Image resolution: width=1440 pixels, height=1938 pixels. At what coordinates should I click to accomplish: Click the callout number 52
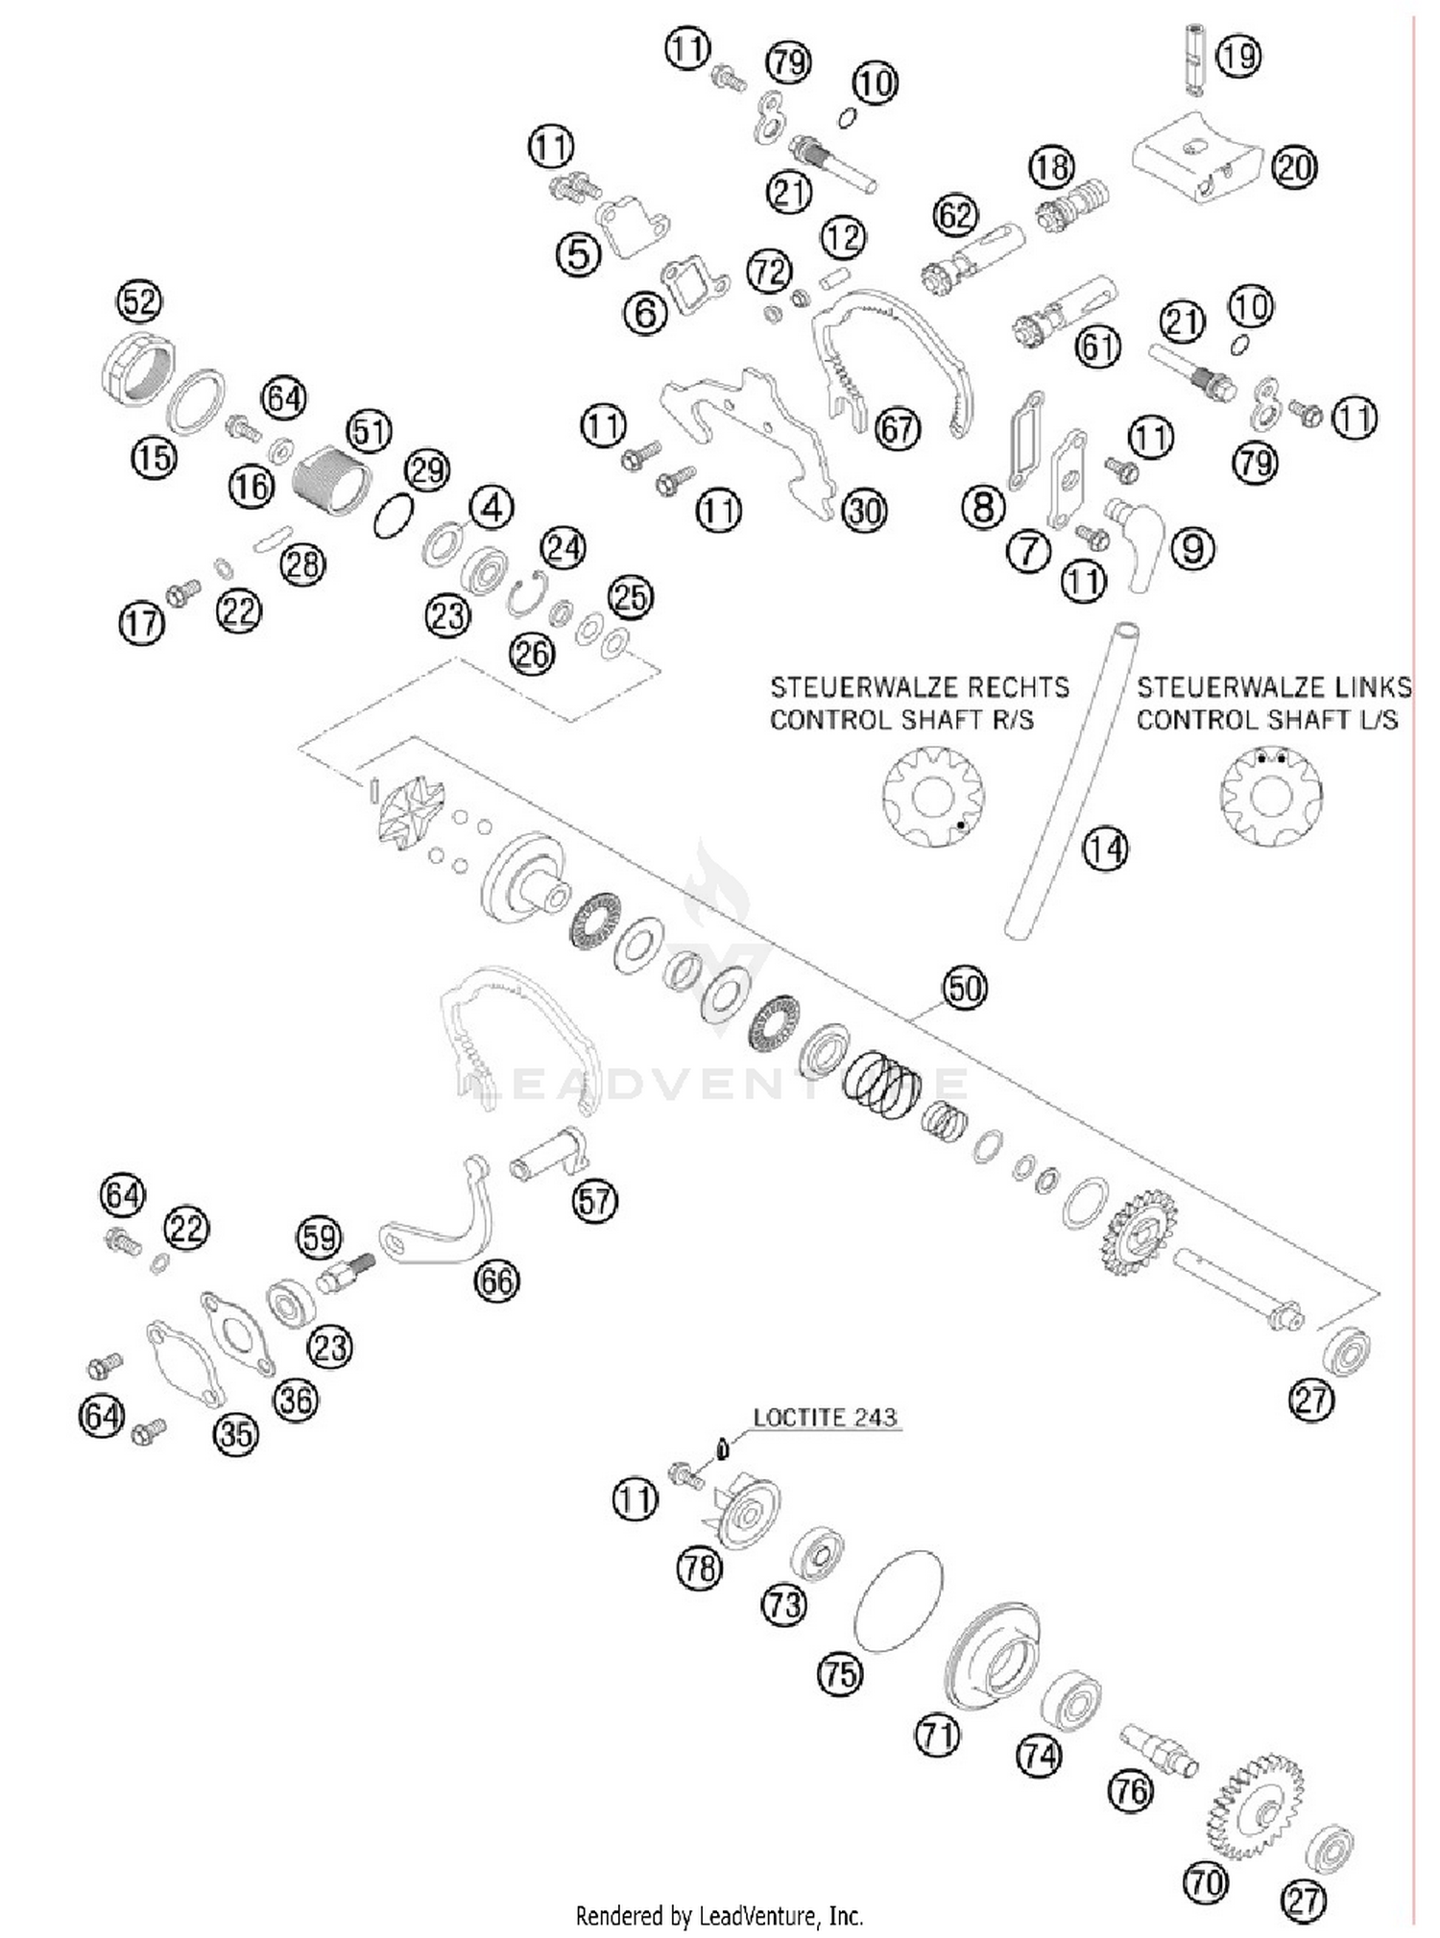coord(139,301)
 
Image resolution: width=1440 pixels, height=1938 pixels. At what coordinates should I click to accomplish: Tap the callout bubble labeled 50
coord(965,988)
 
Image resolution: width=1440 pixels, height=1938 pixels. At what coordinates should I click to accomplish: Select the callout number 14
coord(1105,849)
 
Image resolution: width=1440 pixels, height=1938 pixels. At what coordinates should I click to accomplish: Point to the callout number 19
coord(1238,56)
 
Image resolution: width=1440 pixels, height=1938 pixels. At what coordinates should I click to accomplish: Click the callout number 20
coord(1294,168)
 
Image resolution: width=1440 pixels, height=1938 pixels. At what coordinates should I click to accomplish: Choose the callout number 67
coord(898,428)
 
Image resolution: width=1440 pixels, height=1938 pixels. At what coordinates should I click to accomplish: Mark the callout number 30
coord(864,512)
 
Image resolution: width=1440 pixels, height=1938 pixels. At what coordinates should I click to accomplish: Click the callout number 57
coord(595,1200)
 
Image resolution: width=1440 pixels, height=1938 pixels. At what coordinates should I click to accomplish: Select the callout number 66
coord(496,1280)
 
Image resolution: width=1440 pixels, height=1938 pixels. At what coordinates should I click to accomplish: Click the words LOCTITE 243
coord(825,1418)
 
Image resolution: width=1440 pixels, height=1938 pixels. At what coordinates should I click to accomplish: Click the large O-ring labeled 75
coord(898,1601)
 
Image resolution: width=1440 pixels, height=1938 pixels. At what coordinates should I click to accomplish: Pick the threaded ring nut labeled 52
coord(136,368)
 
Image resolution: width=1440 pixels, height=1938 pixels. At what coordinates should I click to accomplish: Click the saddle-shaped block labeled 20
coord(1196,156)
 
